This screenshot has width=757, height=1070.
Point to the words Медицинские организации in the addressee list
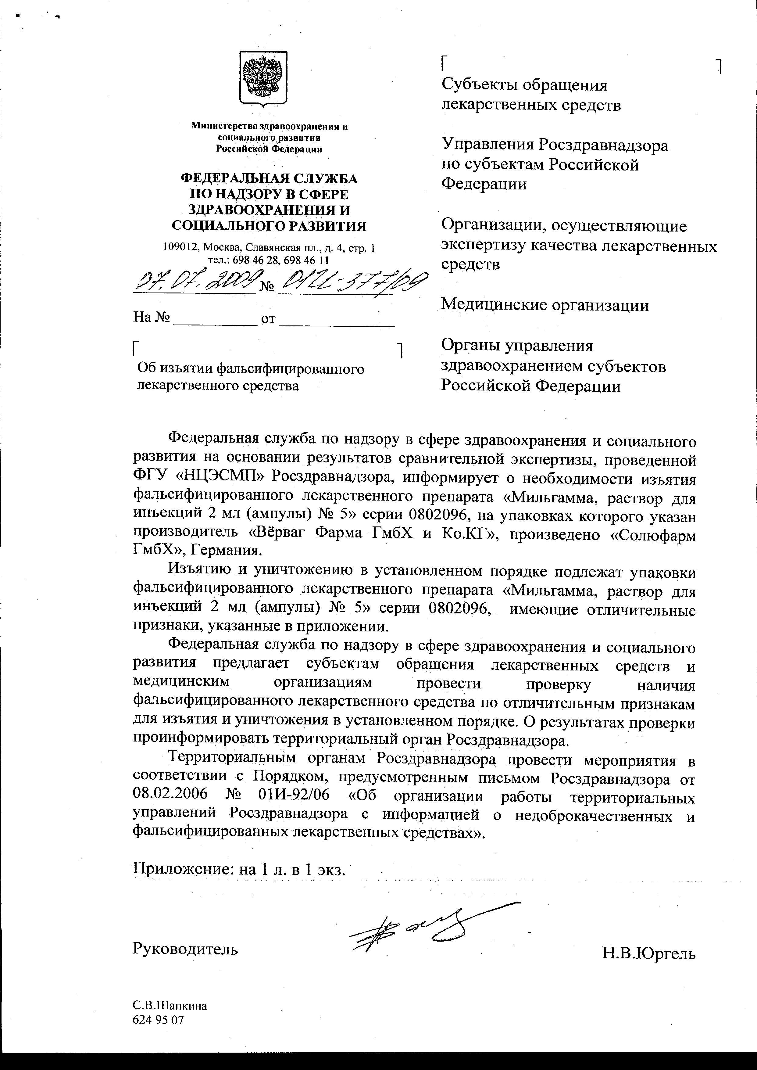(545, 305)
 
